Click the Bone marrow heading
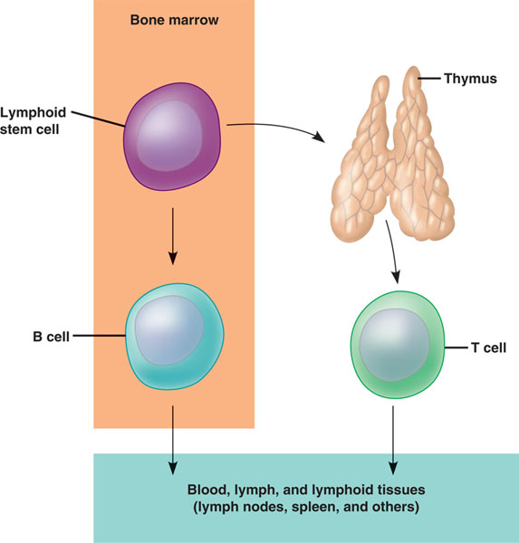pyautogui.click(x=174, y=20)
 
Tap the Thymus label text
pyautogui.click(x=470, y=79)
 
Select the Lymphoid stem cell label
pyautogui.click(x=33, y=120)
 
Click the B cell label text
pyautogui.click(x=51, y=337)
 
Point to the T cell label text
pyautogui.click(x=488, y=348)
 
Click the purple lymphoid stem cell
pyautogui.click(x=172, y=137)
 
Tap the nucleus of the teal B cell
pyautogui.click(x=168, y=330)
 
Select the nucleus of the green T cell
pyautogui.click(x=395, y=345)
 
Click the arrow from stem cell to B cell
pyautogui.click(x=173, y=236)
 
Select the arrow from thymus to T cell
pyautogui.click(x=394, y=251)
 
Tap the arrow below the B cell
pyautogui.click(x=173, y=440)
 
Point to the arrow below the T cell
pyautogui.click(x=393, y=440)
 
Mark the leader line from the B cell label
pyautogui.click(x=99, y=335)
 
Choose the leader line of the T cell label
pyautogui.click(x=456, y=348)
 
